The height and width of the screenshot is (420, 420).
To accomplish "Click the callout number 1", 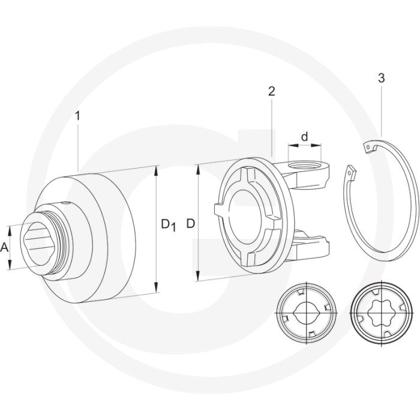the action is coord(77,116).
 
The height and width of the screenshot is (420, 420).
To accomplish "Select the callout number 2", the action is coord(271,92).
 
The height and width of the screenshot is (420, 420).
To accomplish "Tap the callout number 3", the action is coord(381,78).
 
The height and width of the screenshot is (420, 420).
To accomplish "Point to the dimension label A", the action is coord(5,247).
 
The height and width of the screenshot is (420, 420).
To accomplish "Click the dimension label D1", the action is coord(168,224).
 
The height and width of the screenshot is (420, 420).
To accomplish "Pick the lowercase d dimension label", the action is coord(305,137).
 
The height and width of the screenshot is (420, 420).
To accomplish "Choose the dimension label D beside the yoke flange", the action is coord(190,224).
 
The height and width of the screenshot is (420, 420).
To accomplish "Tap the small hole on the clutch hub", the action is coord(64,203).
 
